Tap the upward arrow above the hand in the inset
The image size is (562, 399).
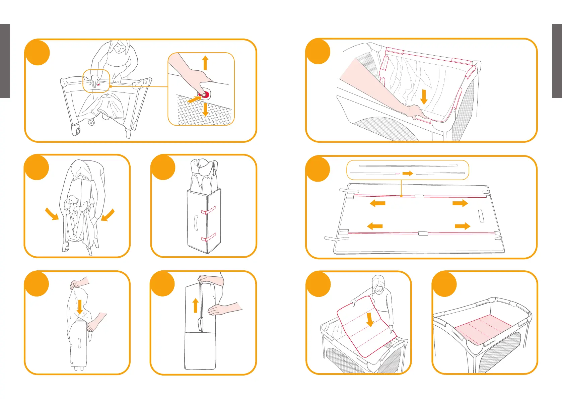[205, 63]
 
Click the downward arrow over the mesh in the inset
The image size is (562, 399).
[205, 110]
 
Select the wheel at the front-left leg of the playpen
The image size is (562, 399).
[76, 130]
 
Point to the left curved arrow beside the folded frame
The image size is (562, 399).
[52, 214]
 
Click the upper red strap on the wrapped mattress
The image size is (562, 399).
[208, 211]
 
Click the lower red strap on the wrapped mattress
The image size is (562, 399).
[208, 238]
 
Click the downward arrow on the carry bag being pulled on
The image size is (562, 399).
[80, 307]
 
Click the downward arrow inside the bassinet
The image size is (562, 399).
[424, 97]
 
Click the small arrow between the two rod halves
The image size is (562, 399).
[408, 174]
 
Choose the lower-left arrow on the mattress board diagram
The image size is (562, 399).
[375, 226]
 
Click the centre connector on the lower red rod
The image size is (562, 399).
[423, 233]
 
